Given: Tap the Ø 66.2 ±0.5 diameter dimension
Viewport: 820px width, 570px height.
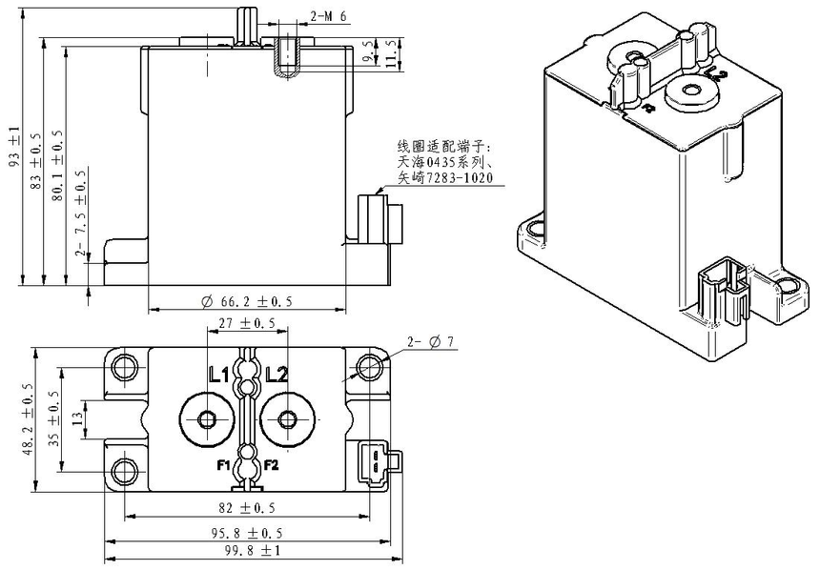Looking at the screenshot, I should pyautogui.click(x=247, y=301).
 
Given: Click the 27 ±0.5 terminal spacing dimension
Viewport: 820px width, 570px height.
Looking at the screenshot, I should pyautogui.click(x=247, y=323).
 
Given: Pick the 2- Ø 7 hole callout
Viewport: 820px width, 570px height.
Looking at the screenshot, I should pyautogui.click(x=433, y=341).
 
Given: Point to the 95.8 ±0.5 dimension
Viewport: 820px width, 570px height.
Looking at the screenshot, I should pyautogui.click(x=247, y=532).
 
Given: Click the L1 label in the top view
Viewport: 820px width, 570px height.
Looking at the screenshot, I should pyautogui.click(x=218, y=375).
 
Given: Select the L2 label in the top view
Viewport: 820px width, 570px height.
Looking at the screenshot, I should pyautogui.click(x=277, y=375).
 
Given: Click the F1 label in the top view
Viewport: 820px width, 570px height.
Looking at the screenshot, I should pyautogui.click(x=221, y=465).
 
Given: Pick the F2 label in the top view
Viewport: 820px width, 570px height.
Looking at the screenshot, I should pyautogui.click(x=272, y=465).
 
